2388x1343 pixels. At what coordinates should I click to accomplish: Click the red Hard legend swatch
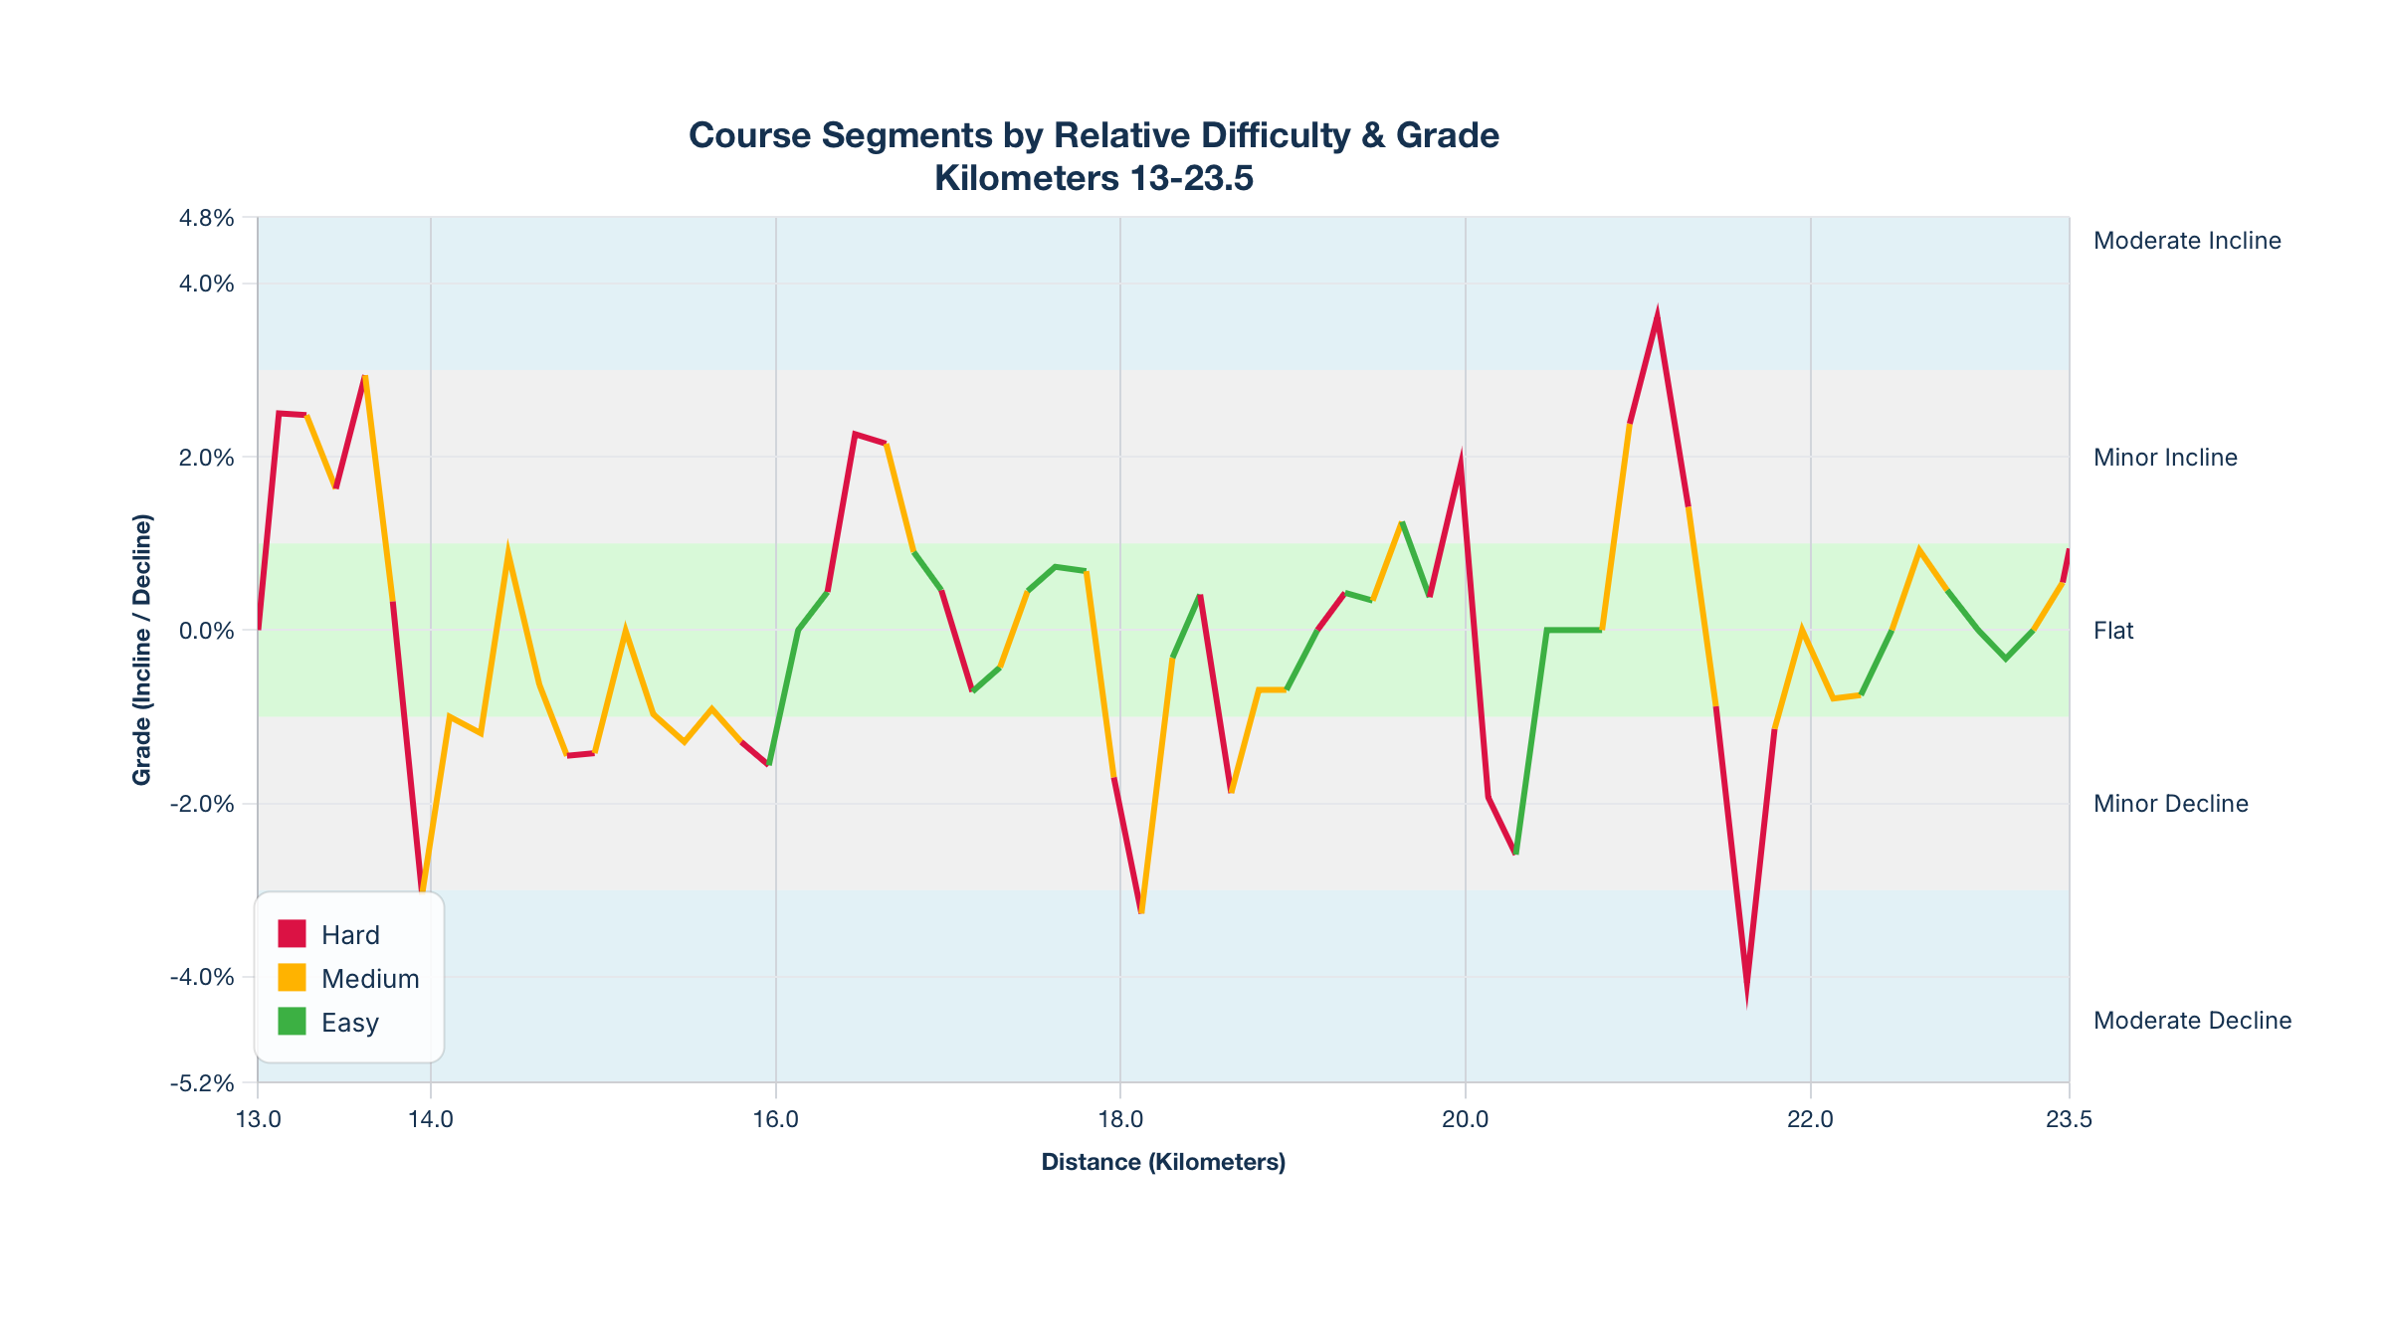(x=292, y=934)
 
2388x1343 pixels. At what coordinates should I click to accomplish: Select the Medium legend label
(x=370, y=979)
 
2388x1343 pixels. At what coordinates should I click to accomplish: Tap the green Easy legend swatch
(x=292, y=1022)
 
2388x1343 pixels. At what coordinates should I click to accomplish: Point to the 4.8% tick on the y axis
(x=207, y=218)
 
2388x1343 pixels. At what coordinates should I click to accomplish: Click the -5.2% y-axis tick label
(x=202, y=1083)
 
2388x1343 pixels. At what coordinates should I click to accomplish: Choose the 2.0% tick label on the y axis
(x=207, y=458)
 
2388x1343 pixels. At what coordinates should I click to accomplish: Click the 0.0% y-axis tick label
(x=207, y=631)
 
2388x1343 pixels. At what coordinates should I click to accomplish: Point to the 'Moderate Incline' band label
(x=2187, y=241)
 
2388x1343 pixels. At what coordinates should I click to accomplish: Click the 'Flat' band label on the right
(x=2113, y=631)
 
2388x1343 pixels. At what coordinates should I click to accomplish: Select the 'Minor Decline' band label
(x=2170, y=804)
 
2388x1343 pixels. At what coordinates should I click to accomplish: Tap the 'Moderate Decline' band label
(x=2192, y=1021)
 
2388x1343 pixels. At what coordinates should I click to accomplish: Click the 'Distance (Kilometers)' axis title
(x=1163, y=1162)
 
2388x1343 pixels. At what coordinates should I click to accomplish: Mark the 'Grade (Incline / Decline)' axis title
(x=142, y=650)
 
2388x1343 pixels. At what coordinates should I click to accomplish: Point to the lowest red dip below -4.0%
(x=1746, y=995)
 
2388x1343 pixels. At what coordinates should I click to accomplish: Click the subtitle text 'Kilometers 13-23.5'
(x=1094, y=179)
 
